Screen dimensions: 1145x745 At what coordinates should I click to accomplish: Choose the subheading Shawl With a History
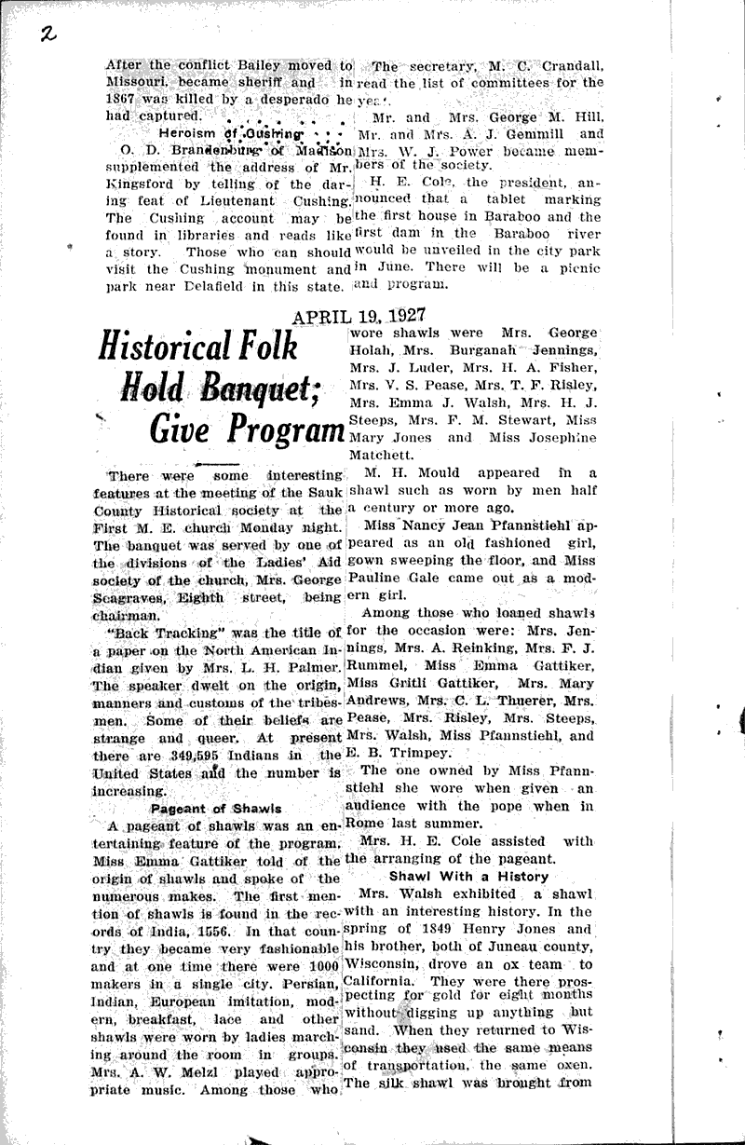point(468,876)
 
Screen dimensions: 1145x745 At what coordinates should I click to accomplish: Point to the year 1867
point(127,100)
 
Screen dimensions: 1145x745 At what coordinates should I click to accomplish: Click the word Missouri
point(134,83)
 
